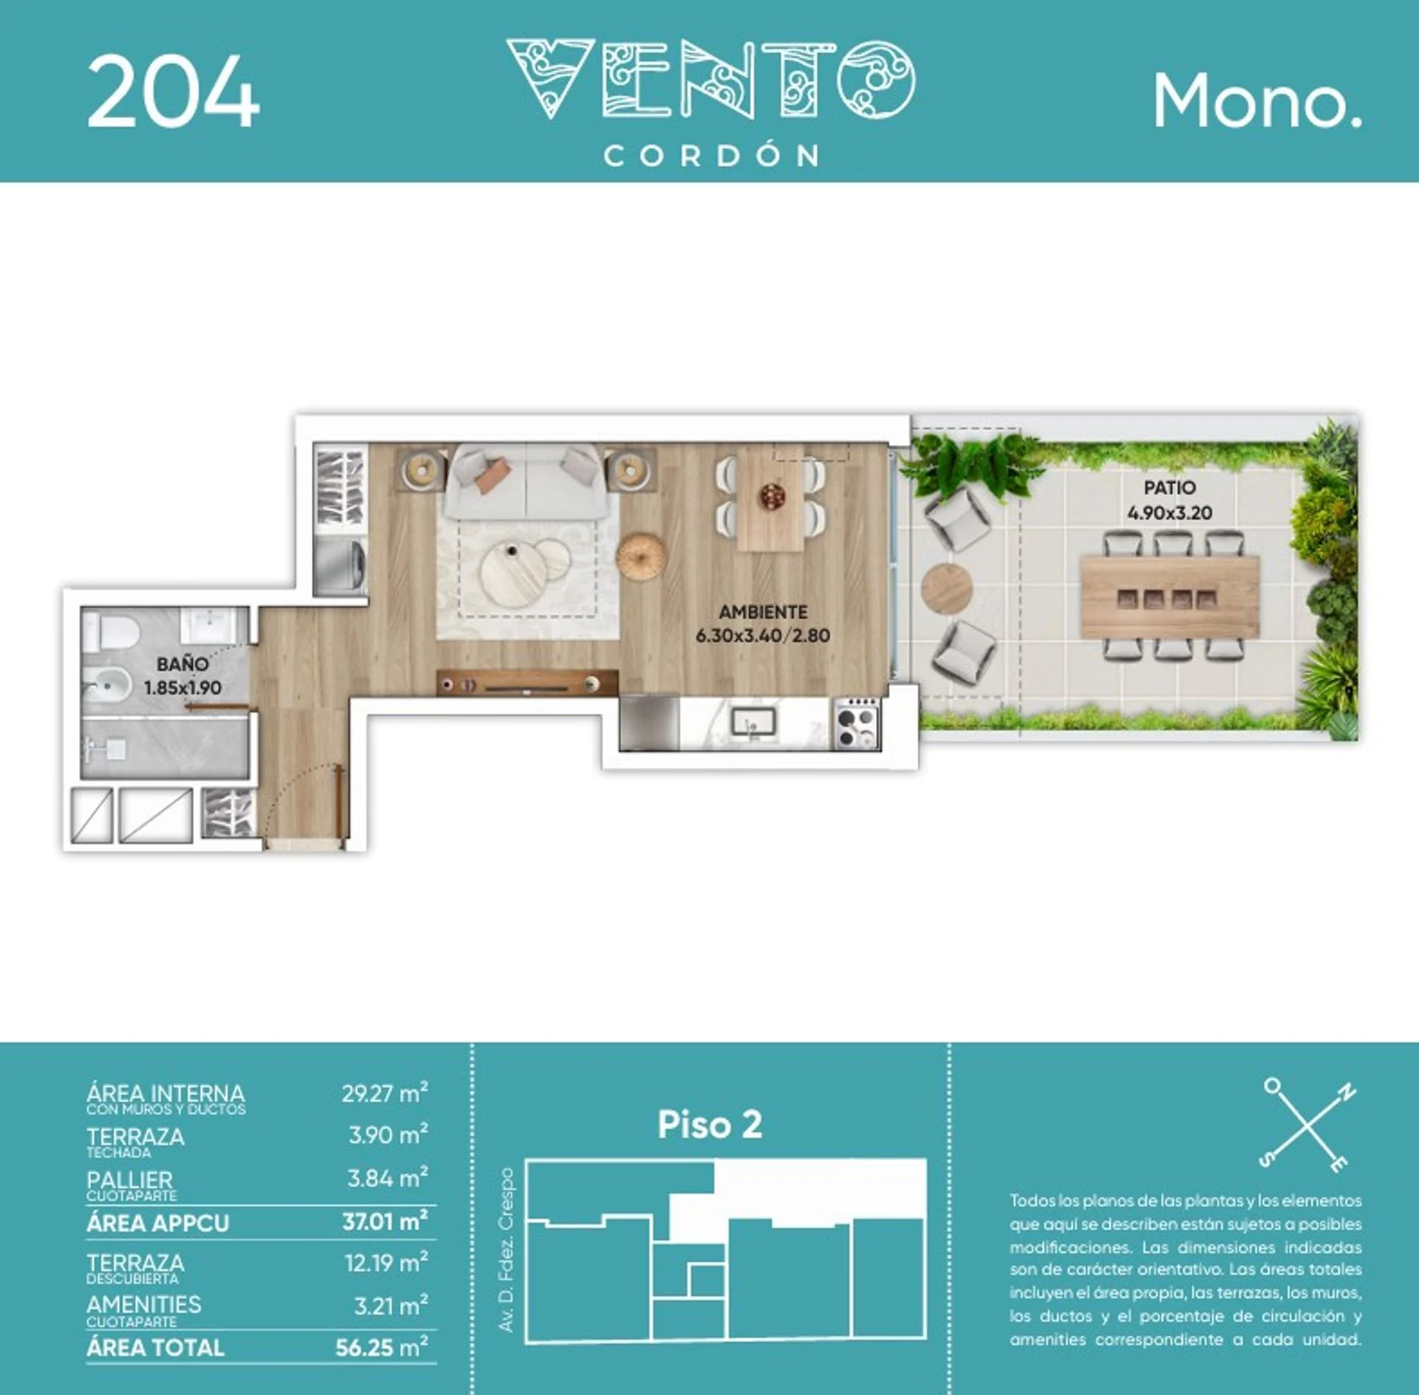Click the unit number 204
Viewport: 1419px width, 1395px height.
[x=174, y=92]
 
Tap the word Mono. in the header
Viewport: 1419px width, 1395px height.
[x=1257, y=101]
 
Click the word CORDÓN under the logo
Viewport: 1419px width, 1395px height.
[x=712, y=156]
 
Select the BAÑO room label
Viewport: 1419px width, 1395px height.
[x=183, y=664]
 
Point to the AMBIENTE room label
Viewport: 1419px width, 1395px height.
[x=763, y=612]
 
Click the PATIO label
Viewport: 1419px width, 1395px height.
[x=1169, y=488]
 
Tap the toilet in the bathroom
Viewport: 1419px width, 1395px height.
[x=111, y=632]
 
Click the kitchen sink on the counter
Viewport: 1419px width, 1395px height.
[x=753, y=721]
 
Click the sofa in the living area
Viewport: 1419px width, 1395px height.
[x=526, y=482]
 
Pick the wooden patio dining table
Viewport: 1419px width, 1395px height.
[x=1169, y=598]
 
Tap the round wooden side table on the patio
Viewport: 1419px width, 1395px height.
[x=947, y=588]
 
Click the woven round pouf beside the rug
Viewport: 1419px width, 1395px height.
[x=641, y=555]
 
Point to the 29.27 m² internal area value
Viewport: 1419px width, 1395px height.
[x=384, y=1093]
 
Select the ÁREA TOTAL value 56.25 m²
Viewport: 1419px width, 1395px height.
[x=381, y=1347]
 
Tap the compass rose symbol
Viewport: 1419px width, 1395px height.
[x=1307, y=1125]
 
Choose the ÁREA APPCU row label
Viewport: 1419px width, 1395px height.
[x=157, y=1223]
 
